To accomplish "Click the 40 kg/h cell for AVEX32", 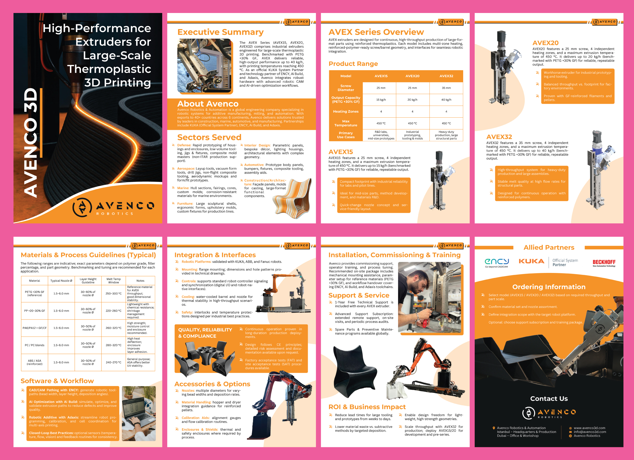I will tap(446, 100).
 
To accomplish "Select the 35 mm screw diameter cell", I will tap(446, 88).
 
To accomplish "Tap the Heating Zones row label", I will tap(346, 112).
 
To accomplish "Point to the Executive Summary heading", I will tap(220, 32).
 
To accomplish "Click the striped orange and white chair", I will tap(292, 198).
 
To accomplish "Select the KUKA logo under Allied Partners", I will tap(531, 261).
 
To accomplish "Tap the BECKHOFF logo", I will tap(604, 262).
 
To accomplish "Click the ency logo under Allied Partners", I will tap(496, 262).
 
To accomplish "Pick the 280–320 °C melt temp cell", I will tap(114, 345).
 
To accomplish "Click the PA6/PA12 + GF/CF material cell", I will tap(35, 328).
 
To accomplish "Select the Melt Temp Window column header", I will tap(114, 281).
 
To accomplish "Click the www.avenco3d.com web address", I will tap(589, 428).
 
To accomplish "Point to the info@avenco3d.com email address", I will tap(590, 432).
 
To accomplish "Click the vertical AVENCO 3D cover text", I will tap(31, 143).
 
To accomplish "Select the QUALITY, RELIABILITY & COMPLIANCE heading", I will tap(205, 333).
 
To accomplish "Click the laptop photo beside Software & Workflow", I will tap(139, 413).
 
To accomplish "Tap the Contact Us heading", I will tap(549, 399).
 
